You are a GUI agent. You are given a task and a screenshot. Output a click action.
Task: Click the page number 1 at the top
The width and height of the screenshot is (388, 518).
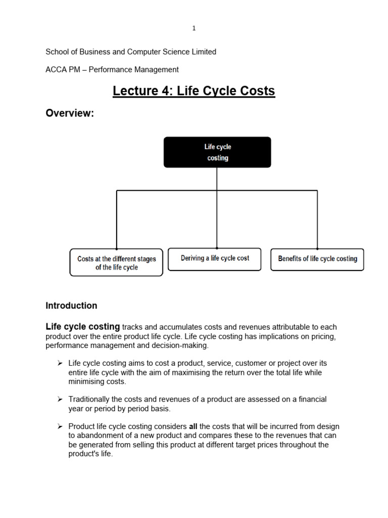tap(193, 28)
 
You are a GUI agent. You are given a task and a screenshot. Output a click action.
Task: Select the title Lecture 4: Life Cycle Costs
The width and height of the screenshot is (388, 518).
tap(193, 91)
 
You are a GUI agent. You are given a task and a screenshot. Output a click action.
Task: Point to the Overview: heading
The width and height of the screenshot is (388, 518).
tap(70, 113)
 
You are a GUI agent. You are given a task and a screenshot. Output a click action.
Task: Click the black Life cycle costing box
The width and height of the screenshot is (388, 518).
tap(217, 152)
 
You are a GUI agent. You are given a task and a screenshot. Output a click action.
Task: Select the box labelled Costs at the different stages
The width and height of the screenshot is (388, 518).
tap(116, 263)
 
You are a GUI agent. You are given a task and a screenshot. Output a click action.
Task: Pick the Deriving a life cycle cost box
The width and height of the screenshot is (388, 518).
tap(215, 258)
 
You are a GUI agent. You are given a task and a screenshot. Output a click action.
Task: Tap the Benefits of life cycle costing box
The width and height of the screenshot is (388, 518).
tap(317, 259)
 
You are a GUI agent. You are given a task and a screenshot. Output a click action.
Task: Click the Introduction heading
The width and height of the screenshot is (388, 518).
tap(71, 306)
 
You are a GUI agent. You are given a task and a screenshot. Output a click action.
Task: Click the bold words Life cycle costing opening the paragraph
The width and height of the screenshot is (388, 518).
tap(83, 327)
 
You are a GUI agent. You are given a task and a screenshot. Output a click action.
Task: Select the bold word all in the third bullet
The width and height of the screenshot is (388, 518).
tap(193, 426)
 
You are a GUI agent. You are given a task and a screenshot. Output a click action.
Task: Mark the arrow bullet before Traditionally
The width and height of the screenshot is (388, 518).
tap(60, 400)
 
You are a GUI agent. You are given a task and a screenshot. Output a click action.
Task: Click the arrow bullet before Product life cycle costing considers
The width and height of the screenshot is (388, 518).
tap(60, 426)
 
